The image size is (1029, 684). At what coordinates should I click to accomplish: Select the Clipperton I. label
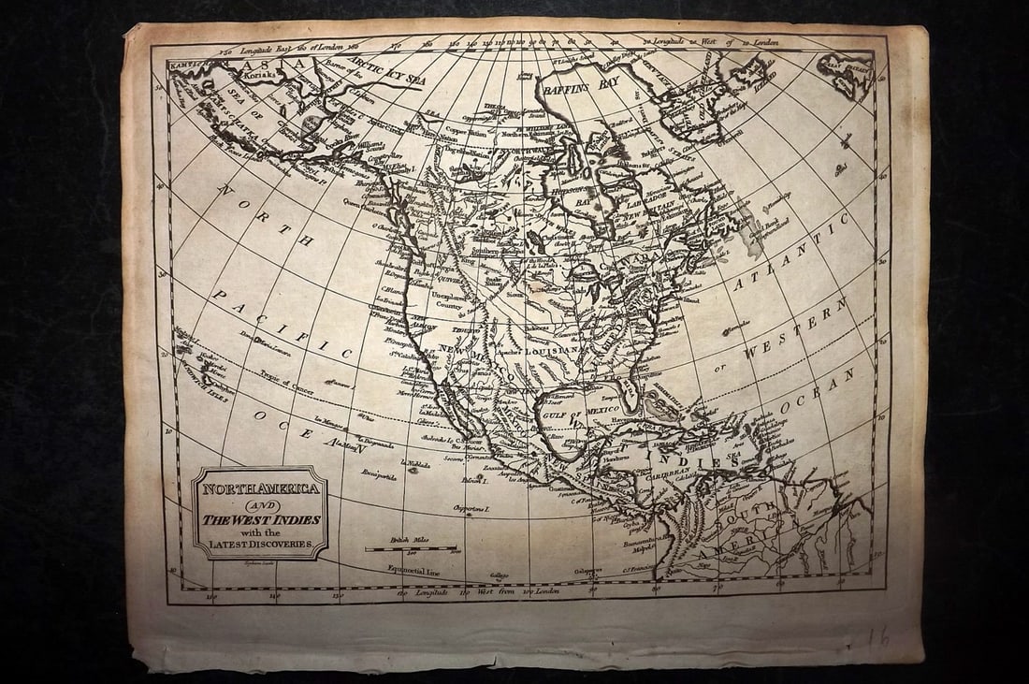pos(472,509)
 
